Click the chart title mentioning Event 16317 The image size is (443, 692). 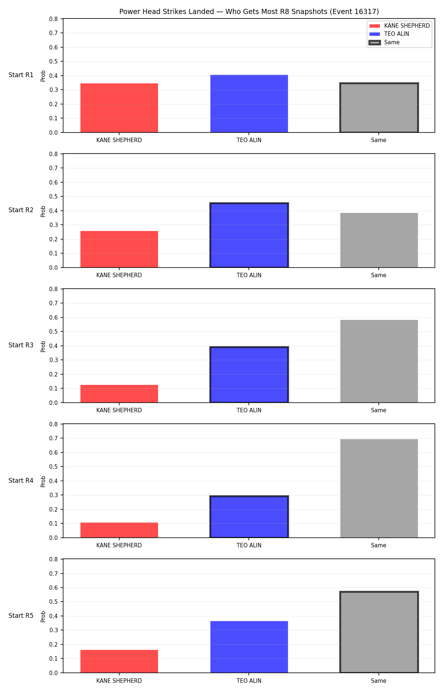click(249, 11)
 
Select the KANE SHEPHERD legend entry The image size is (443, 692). click(399, 26)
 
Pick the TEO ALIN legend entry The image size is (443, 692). click(389, 34)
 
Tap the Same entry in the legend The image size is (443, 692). click(384, 42)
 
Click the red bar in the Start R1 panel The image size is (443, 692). click(119, 108)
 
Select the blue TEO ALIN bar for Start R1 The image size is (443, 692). click(249, 104)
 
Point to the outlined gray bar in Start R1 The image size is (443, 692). click(379, 108)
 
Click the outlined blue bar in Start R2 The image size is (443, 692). click(249, 235)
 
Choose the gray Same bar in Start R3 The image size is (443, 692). click(379, 361)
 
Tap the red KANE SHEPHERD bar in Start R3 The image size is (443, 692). click(119, 394)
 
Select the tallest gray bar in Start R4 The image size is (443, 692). click(379, 488)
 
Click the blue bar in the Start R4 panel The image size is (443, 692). click(249, 517)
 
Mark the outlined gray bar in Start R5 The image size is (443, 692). click(379, 632)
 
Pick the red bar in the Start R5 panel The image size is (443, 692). click(119, 661)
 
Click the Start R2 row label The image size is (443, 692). click(21, 210)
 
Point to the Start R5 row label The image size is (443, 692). click(21, 616)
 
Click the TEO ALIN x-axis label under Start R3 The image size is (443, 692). click(249, 410)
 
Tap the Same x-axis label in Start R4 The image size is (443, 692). click(379, 545)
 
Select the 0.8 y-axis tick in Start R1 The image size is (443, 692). click(54, 19)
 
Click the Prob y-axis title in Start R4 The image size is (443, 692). click(43, 481)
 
